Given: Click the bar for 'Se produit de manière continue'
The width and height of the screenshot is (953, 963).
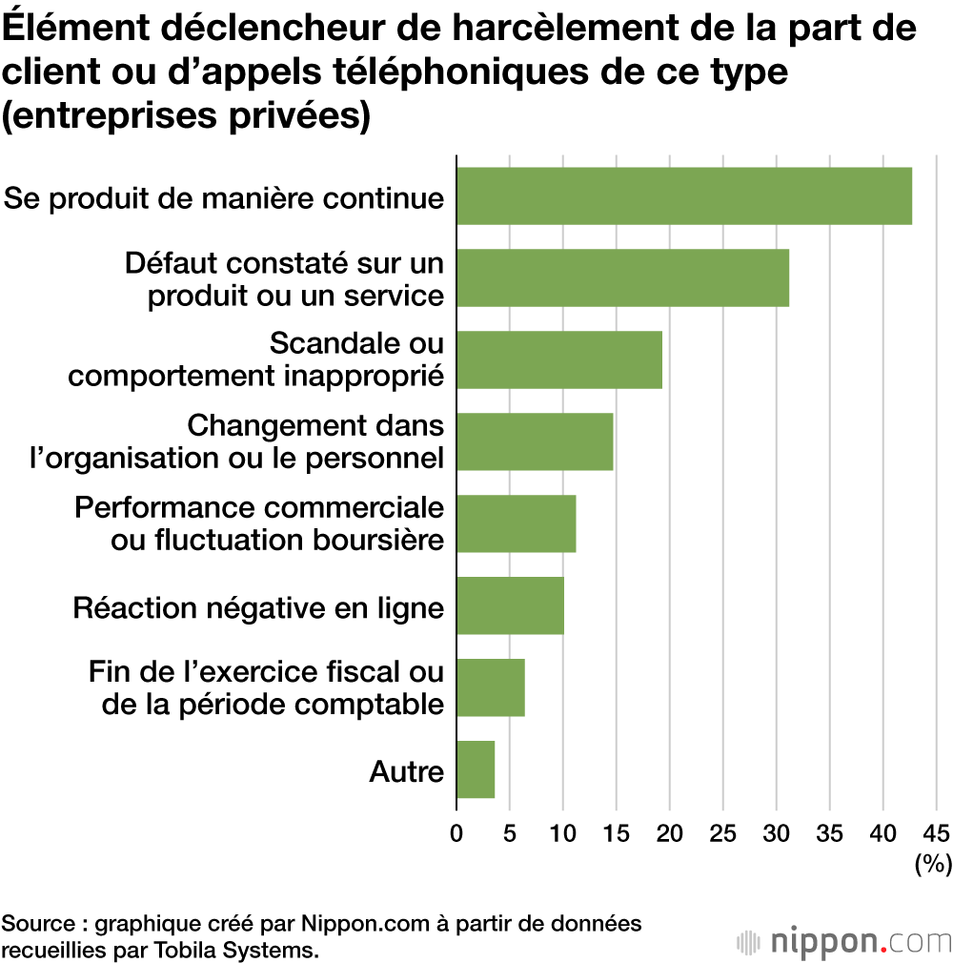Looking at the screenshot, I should tap(683, 195).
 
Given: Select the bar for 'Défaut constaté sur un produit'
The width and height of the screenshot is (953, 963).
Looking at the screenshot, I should tap(622, 277).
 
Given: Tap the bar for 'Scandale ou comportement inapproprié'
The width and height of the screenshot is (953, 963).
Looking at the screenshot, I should tap(558, 359).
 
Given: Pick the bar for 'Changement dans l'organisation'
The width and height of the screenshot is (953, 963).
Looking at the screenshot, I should tap(534, 441).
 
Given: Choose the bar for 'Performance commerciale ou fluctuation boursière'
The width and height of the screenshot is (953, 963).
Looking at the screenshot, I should tap(516, 523).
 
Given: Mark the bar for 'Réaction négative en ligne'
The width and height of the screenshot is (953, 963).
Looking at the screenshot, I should tap(510, 605).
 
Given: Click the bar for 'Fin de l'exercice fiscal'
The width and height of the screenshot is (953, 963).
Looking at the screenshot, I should tap(490, 687).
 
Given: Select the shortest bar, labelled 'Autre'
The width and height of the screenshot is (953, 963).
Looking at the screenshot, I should tap(476, 769).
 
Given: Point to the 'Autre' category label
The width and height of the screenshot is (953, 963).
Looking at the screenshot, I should tap(406, 770).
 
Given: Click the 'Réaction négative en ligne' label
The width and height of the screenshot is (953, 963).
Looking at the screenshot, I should tap(258, 606).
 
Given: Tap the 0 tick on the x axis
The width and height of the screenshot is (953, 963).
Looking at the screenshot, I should tap(456, 831).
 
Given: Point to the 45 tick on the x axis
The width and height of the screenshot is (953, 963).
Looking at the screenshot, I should tap(936, 831).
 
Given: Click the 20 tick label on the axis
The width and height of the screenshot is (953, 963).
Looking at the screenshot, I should tap(669, 831).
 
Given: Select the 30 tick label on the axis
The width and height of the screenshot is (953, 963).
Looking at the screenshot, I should tap(776, 831).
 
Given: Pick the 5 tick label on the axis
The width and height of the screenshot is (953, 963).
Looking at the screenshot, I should tap(510, 831).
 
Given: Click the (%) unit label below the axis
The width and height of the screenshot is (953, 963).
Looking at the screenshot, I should tap(933, 865).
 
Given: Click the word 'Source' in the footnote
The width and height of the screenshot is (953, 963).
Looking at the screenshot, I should tap(40, 923).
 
